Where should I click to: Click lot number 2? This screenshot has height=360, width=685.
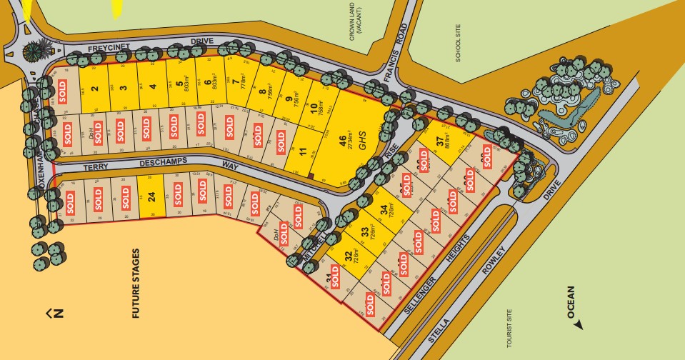pos(94,89)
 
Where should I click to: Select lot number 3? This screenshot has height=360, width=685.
pos(123,89)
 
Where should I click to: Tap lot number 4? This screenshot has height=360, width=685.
pos(152,89)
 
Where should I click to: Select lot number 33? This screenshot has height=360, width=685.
pos(365,232)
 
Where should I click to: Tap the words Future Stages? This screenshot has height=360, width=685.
pos(136,283)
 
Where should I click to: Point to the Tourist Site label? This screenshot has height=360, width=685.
pos(509,328)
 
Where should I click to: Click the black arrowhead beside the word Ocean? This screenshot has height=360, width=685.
pos(578,324)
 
